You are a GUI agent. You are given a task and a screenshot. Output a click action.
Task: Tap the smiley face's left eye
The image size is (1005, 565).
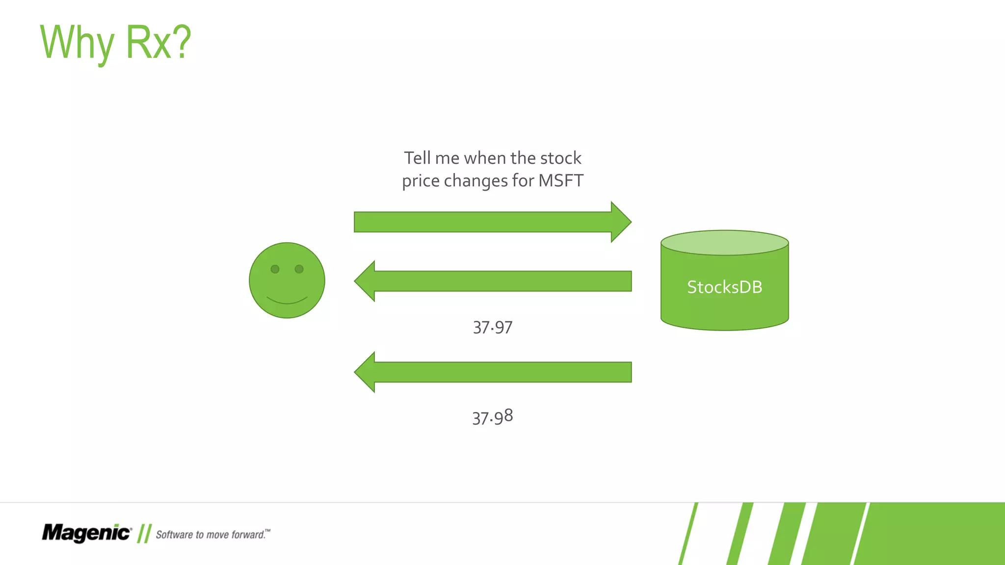click(275, 269)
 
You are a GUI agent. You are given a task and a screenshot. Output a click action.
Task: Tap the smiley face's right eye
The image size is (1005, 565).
click(299, 269)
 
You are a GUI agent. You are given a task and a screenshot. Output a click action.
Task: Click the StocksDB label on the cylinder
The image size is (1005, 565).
click(724, 287)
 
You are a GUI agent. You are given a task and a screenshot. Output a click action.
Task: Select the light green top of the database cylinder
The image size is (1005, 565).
click(724, 243)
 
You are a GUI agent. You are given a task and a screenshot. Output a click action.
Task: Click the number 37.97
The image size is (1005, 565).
click(492, 328)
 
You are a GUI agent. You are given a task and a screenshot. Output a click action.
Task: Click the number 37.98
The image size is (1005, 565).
click(492, 417)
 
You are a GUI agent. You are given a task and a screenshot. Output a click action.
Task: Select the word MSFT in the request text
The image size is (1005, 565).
click(560, 180)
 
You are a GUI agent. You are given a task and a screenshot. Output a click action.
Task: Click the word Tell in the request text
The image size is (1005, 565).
click(418, 158)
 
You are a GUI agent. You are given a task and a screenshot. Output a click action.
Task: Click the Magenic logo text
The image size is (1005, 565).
click(86, 533)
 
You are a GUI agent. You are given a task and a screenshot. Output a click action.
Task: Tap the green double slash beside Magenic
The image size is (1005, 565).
click(144, 533)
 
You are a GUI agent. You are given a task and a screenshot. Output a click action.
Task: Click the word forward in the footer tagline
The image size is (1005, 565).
click(248, 535)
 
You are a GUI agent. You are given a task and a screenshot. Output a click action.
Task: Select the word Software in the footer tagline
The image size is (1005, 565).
click(174, 535)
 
